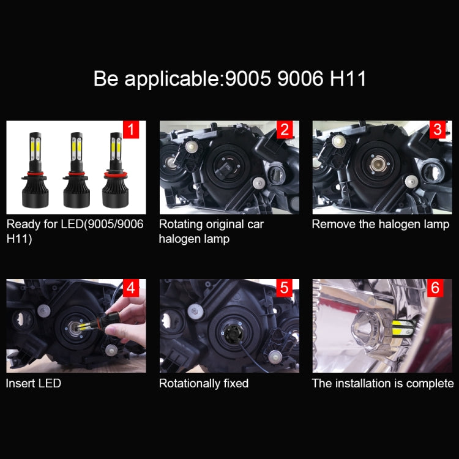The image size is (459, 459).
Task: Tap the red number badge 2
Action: (284, 129)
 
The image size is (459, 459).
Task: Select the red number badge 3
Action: (437, 129)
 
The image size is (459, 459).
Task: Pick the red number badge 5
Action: (284, 288)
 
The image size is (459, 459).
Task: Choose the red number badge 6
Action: (435, 288)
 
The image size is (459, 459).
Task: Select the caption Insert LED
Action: (34, 384)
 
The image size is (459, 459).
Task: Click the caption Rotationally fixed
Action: (204, 384)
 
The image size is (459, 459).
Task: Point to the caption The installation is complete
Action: (382, 384)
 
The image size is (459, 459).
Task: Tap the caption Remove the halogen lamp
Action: (380, 224)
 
